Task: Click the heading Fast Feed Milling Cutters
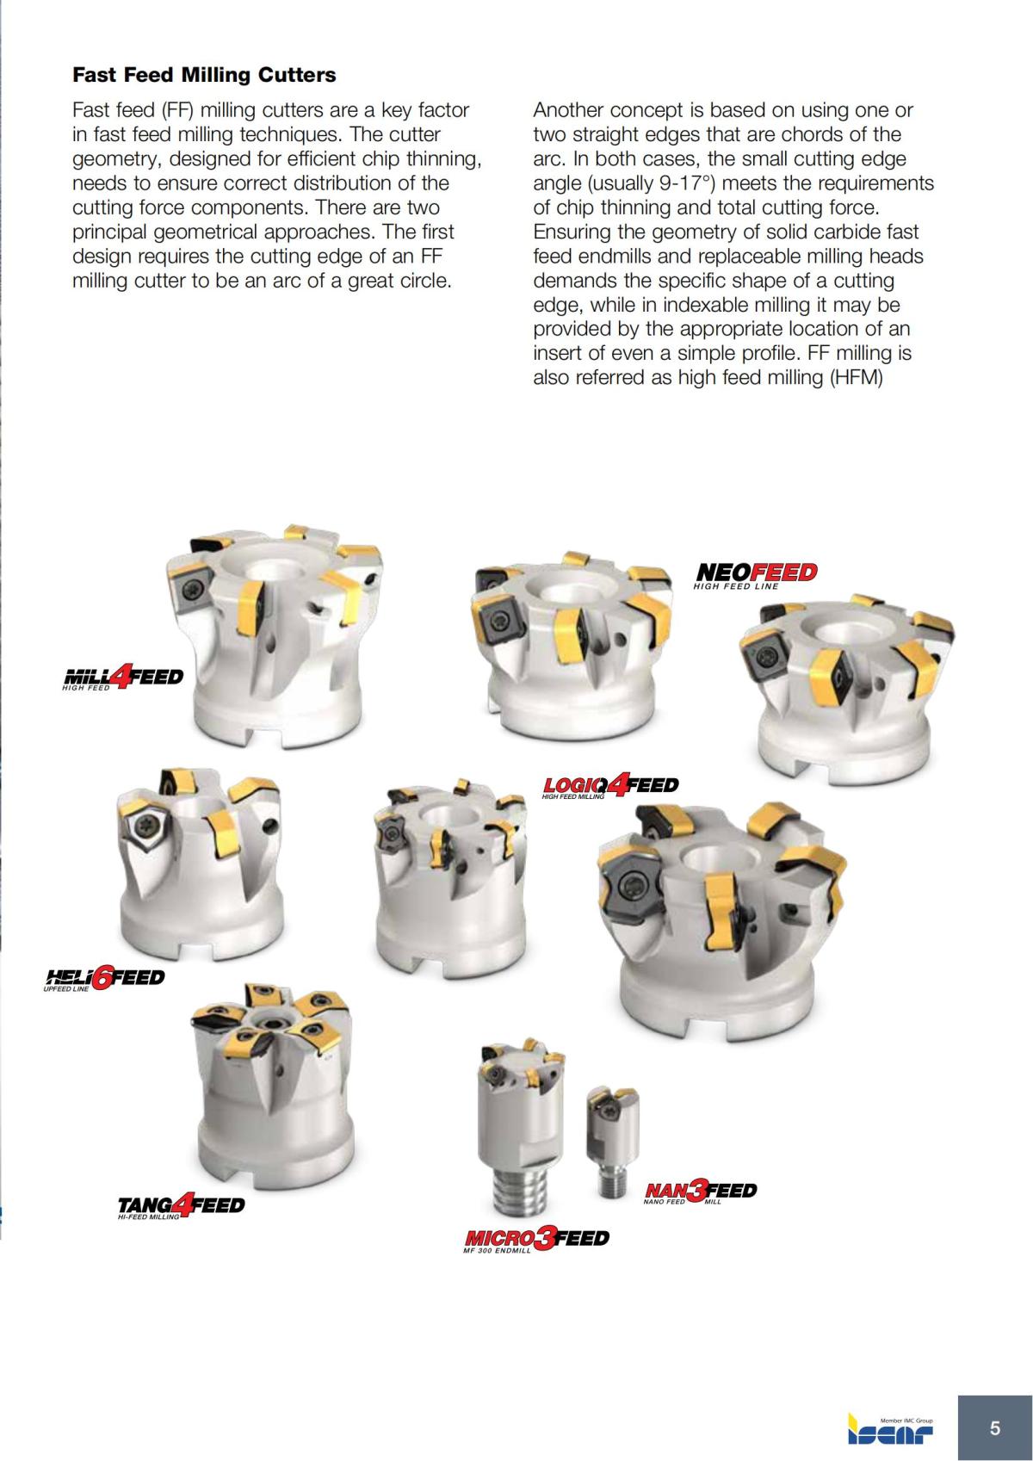tap(204, 75)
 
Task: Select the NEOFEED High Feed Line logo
tap(755, 575)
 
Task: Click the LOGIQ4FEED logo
tap(610, 786)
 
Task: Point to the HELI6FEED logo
tap(103, 979)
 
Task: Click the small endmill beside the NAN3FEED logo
tap(612, 1141)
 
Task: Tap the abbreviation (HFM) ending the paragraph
tap(857, 377)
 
